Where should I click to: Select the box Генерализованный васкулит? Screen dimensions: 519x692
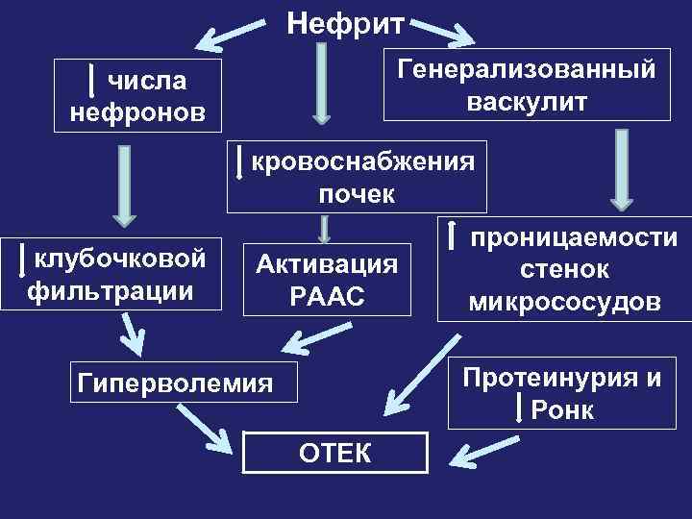pyautogui.click(x=527, y=85)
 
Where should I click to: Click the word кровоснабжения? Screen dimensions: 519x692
pyautogui.click(x=362, y=161)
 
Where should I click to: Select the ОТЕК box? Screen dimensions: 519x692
pyautogui.click(x=333, y=452)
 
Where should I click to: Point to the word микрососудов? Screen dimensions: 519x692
pyautogui.click(x=564, y=303)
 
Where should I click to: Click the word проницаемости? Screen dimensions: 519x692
pyautogui.click(x=573, y=238)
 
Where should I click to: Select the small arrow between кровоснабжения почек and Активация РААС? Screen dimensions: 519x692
pyautogui.click(x=325, y=230)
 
